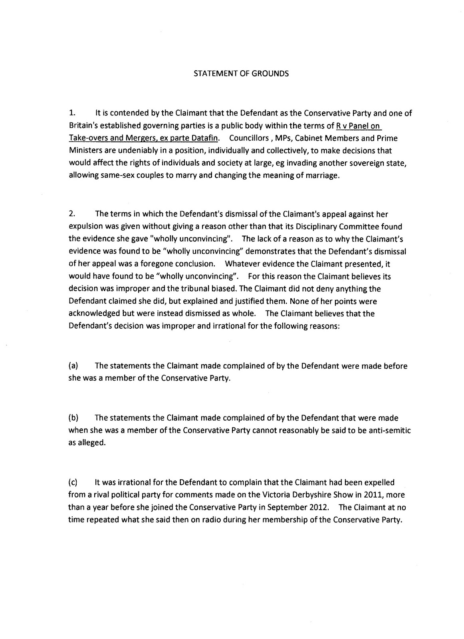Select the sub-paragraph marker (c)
pos(73,482)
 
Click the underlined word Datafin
pos(206,138)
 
